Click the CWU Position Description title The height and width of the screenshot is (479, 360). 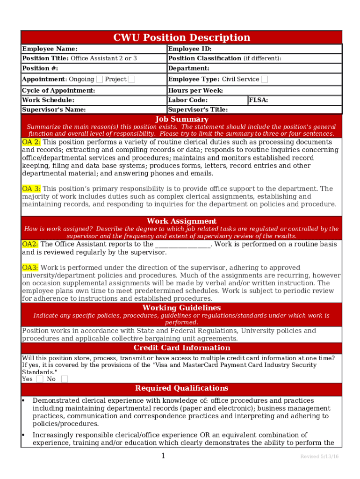coord(181,37)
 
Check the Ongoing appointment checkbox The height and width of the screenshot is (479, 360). coord(100,79)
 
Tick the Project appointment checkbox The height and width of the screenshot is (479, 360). coord(132,79)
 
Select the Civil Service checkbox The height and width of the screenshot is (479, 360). coord(265,79)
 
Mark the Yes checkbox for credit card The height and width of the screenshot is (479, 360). coord(40,379)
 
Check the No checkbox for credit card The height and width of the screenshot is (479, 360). coord(65,379)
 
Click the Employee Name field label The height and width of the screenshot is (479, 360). coord(50,49)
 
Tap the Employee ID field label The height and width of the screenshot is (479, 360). coord(190,49)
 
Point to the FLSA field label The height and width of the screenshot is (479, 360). coord(259,100)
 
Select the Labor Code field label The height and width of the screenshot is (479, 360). coord(188,100)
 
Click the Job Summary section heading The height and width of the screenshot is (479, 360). coord(181,119)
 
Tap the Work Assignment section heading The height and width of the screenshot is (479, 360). coord(181,221)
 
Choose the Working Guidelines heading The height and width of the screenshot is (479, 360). coord(181,308)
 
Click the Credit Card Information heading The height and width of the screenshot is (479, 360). coord(181,348)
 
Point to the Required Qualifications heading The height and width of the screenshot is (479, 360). coord(181,388)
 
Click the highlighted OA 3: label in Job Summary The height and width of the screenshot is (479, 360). coord(31,189)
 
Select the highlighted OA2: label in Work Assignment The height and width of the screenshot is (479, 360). coord(30,244)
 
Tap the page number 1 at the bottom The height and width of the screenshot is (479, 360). coord(163,456)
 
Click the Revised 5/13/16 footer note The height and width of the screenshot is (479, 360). coord(319,457)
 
